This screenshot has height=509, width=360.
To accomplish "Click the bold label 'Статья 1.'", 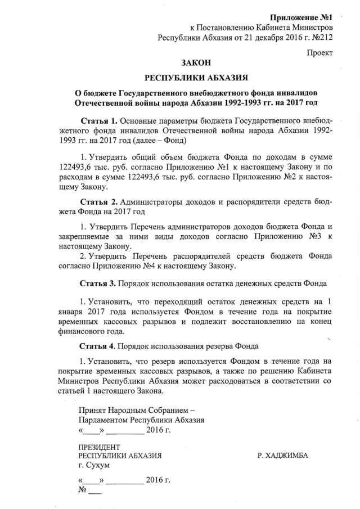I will [99, 120].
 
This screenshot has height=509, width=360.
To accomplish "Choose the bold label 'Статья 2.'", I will [99, 201].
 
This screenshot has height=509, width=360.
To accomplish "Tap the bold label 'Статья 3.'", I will [99, 282].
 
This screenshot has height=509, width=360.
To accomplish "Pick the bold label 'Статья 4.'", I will [99, 345].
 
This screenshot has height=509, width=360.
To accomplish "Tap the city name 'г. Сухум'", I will [94, 466].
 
